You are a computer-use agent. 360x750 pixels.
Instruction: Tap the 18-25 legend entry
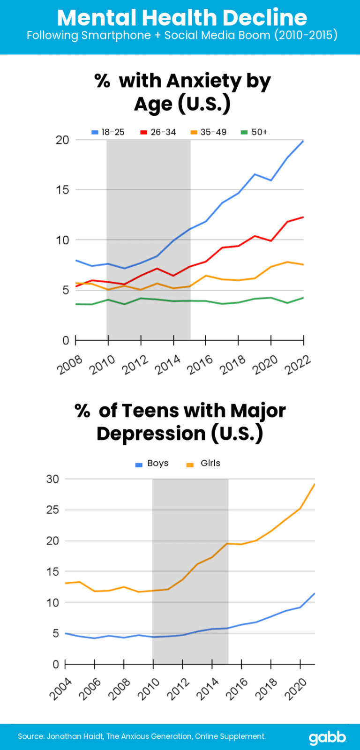(108, 132)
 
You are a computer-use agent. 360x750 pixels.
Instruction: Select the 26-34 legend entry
(158, 132)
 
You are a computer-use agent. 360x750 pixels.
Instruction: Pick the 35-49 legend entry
(209, 132)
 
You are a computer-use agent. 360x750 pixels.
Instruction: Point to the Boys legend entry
(152, 463)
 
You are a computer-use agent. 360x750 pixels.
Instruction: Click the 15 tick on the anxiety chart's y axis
(62, 190)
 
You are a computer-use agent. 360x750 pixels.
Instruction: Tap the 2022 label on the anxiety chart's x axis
(298, 364)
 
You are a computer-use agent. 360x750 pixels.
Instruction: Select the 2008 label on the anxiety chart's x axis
(70, 364)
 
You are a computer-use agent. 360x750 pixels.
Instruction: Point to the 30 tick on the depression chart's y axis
(52, 479)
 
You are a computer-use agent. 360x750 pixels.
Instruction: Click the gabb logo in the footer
(327, 737)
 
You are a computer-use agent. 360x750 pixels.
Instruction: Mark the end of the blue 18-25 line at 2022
(303, 141)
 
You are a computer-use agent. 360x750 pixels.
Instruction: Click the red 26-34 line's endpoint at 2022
(303, 217)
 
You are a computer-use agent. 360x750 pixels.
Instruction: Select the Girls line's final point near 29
(314, 484)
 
